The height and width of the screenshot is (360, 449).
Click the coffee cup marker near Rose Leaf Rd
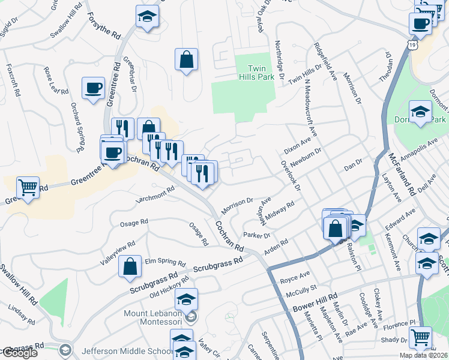[x=93, y=88]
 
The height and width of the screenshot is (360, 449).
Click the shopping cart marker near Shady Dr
[x=420, y=337]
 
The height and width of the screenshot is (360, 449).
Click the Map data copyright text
[x=423, y=355]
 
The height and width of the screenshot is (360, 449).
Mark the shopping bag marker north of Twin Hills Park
[x=187, y=59]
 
